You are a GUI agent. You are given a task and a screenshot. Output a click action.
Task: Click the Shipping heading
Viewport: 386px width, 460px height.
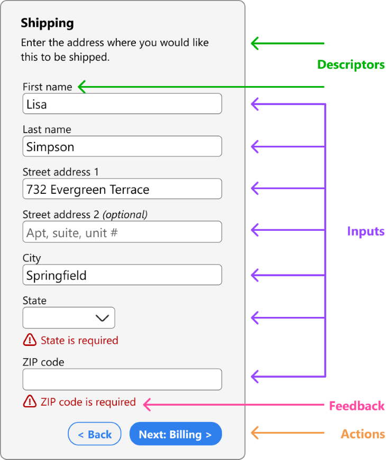tap(47, 23)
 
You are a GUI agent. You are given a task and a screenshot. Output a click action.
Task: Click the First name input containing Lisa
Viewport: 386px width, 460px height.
tap(122, 104)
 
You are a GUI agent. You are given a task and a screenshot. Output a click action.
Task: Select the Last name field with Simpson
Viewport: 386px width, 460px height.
tap(122, 147)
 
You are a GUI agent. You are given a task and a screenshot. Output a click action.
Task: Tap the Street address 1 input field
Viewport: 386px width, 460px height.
tap(122, 189)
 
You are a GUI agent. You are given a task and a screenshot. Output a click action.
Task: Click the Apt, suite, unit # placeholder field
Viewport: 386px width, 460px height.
tap(122, 232)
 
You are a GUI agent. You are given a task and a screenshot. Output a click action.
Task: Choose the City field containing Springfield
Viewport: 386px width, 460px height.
tap(122, 275)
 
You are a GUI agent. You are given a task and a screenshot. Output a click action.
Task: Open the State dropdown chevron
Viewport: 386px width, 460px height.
tap(102, 318)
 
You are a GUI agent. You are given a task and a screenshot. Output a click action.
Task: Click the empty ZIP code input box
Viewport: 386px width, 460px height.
tap(122, 379)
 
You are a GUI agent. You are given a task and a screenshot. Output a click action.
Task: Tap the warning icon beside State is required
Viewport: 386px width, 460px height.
tap(30, 340)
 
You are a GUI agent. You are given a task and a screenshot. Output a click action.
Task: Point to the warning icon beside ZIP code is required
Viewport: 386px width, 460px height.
tap(30, 402)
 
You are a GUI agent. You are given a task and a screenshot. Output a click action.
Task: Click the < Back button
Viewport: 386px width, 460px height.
tap(95, 434)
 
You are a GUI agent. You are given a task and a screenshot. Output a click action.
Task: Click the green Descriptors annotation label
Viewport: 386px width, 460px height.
tap(351, 65)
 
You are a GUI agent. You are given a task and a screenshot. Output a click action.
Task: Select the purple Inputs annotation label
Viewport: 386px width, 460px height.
tap(365, 231)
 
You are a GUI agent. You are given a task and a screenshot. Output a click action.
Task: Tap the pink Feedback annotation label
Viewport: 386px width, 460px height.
tap(357, 406)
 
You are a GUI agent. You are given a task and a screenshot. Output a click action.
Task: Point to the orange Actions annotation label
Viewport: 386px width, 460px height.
tap(363, 434)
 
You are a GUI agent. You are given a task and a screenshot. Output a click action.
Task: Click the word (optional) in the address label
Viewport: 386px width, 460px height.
tap(125, 214)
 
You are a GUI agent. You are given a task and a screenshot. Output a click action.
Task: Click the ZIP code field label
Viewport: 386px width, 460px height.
tap(43, 362)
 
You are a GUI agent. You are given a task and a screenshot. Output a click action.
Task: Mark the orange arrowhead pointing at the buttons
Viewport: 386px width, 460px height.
tap(254, 433)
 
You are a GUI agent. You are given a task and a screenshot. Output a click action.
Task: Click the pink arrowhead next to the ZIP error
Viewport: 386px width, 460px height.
tap(148, 405)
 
